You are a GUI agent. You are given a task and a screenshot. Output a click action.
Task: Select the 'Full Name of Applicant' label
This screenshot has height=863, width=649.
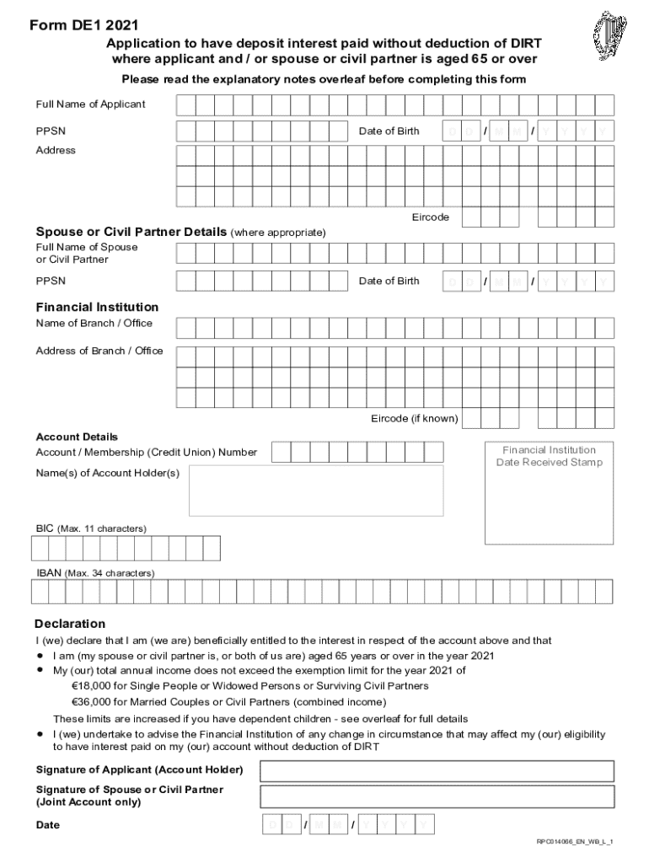[90, 105]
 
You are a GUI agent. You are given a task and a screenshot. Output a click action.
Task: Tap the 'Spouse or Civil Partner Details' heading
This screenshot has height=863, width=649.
[131, 232]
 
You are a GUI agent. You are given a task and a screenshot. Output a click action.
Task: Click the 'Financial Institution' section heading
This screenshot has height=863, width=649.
[97, 308]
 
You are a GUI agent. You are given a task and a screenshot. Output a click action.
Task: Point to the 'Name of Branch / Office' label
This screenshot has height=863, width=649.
[94, 324]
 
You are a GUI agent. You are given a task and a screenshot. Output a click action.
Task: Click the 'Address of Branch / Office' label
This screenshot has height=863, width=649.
[99, 351]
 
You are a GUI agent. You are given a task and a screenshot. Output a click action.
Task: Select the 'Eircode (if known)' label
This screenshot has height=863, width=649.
[415, 419]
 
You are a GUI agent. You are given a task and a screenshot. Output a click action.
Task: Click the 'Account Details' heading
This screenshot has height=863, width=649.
[77, 437]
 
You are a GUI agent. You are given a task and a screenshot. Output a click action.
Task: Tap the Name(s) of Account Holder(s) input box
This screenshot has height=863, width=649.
[316, 490]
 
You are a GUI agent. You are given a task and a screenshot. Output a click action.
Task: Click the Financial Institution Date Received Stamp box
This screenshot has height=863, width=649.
[549, 492]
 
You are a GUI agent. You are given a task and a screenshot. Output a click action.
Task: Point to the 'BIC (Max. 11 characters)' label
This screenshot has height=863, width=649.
[91, 528]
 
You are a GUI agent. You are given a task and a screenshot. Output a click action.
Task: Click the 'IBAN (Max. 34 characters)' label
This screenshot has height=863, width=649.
[95, 573]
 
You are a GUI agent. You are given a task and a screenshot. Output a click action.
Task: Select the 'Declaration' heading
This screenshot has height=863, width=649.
[70, 624]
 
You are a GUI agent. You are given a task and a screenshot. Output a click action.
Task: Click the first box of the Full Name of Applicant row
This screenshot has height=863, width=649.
[186, 105]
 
